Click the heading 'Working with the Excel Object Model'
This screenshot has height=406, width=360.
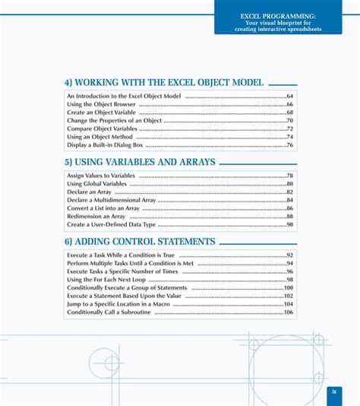coord(164,82)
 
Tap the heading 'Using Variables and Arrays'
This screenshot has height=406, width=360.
coord(140,162)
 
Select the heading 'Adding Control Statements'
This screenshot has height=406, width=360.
coord(140,242)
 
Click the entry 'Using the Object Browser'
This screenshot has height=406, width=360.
coord(97,104)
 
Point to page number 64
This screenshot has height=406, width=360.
coord(289,97)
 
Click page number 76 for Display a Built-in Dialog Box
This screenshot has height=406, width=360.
coord(289,144)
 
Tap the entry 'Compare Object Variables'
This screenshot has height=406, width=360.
coord(96,128)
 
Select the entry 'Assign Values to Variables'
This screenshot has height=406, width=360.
coord(100,176)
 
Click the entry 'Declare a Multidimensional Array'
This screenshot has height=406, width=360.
coord(111,200)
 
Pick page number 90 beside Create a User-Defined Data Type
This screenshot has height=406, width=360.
coord(289,224)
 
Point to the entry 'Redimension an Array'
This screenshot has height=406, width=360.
coord(96,216)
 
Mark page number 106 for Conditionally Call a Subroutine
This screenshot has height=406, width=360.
coord(288,312)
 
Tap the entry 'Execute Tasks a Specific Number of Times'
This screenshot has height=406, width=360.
coord(122,271)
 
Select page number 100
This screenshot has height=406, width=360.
coord(288,288)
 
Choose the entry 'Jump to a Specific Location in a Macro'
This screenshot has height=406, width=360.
coord(118,303)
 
